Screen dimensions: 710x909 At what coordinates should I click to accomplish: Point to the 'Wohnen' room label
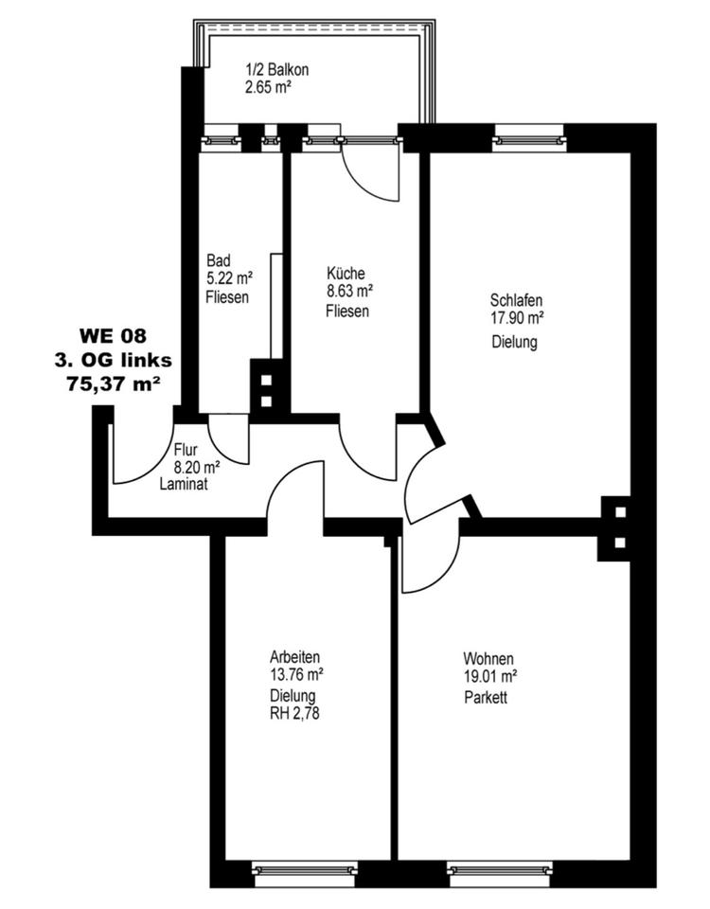click(488, 659)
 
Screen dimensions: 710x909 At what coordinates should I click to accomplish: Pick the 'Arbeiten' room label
click(294, 656)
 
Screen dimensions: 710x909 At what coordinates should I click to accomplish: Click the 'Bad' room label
click(218, 260)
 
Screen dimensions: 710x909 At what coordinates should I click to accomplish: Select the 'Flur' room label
click(186, 451)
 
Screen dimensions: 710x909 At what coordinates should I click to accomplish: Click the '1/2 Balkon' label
click(277, 70)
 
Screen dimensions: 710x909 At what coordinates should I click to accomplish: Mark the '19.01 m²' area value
click(489, 677)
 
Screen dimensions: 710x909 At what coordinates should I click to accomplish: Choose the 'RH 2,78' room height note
click(295, 716)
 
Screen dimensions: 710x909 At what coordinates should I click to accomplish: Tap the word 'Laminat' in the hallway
click(184, 483)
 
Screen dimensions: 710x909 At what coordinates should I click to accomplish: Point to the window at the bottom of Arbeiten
click(305, 868)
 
